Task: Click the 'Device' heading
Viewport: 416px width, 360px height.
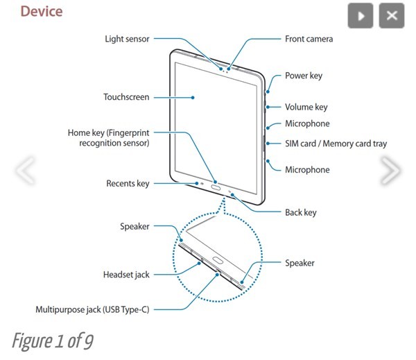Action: click(x=41, y=12)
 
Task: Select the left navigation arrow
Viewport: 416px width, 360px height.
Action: click(x=25, y=171)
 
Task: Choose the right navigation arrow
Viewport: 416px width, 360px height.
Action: click(x=390, y=171)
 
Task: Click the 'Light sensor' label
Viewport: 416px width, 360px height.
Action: click(x=128, y=39)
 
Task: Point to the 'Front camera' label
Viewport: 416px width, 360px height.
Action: click(x=309, y=39)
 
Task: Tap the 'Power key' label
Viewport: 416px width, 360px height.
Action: click(x=304, y=75)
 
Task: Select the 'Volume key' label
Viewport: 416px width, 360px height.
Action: click(x=306, y=108)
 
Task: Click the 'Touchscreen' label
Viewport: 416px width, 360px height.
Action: click(x=126, y=97)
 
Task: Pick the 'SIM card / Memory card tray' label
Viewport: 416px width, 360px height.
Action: click(x=336, y=144)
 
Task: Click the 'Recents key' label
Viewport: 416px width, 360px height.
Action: click(x=128, y=184)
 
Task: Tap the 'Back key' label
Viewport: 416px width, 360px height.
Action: click(x=301, y=212)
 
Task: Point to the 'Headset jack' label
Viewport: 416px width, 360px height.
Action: click(x=126, y=275)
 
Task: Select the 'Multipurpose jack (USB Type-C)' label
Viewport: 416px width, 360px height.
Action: click(x=92, y=309)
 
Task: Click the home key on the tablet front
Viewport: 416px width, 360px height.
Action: click(x=215, y=187)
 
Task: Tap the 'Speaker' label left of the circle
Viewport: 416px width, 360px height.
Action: click(x=135, y=226)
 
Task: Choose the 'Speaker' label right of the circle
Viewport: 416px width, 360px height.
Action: click(x=300, y=263)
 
